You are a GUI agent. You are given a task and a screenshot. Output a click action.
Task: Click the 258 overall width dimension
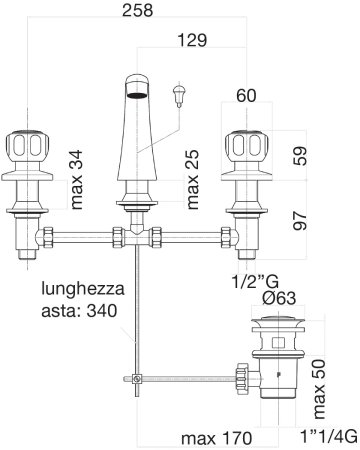(x=137, y=10)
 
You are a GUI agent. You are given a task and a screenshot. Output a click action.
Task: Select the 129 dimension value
(x=192, y=40)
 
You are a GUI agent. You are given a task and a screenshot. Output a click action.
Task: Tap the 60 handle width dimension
(x=246, y=96)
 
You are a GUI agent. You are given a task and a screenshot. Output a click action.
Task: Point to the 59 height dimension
(x=300, y=156)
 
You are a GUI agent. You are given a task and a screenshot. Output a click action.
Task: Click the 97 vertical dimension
(x=300, y=220)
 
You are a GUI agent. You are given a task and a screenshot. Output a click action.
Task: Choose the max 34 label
(x=76, y=180)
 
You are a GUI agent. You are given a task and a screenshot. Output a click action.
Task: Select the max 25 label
(x=192, y=180)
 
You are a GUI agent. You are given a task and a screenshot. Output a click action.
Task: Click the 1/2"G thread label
(x=255, y=282)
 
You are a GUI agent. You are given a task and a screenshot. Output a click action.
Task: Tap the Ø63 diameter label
(x=279, y=298)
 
